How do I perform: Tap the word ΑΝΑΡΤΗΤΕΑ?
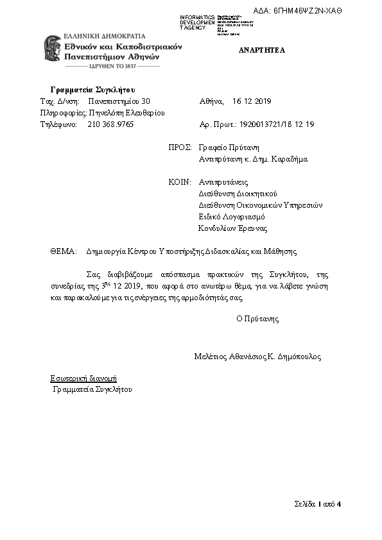262,50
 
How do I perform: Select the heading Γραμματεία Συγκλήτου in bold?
92,89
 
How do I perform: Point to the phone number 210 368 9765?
110,125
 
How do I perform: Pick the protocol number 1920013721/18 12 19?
282,125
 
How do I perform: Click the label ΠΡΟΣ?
180,147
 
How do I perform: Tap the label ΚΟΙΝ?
180,182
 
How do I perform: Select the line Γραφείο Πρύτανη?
229,147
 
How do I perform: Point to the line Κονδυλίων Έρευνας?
232,228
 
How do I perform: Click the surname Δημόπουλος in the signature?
299,357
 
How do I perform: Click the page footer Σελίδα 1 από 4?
314,503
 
